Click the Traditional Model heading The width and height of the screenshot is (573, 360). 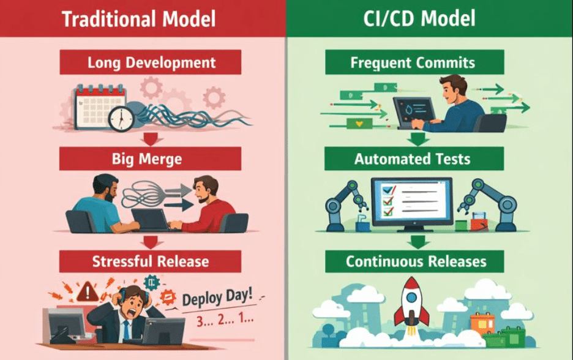[x=139, y=19]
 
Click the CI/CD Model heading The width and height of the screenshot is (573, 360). [x=419, y=18]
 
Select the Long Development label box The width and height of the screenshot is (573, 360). [x=150, y=62]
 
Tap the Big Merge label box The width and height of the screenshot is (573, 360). [x=150, y=159]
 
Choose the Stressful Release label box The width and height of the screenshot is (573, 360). [x=150, y=261]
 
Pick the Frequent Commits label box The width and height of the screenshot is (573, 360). [x=414, y=62]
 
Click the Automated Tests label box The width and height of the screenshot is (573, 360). [x=414, y=159]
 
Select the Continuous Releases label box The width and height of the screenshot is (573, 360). [x=414, y=261]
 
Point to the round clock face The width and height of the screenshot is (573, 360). [x=121, y=119]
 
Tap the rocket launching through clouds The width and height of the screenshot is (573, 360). [x=411, y=305]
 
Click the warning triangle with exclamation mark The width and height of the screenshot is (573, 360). [x=87, y=291]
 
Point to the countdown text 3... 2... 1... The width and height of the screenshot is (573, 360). [x=225, y=320]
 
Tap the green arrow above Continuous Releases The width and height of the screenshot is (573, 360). [x=418, y=242]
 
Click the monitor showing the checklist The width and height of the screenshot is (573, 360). [x=412, y=204]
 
